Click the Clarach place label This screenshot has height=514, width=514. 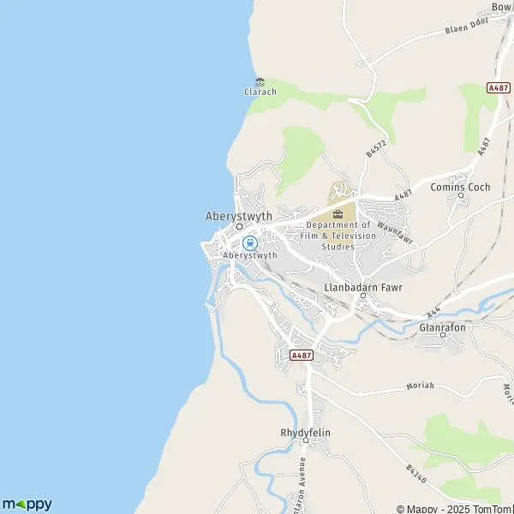coord(260,92)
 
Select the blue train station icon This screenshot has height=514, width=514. coord(249,242)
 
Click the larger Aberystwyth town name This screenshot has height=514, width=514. coord(239,217)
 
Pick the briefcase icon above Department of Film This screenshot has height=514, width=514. coord(338,213)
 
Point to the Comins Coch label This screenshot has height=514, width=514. coord(460,187)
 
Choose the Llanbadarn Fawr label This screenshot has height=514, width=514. coord(362,287)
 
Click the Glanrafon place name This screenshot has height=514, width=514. coord(442,326)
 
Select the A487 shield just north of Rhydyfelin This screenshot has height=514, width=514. coord(301,355)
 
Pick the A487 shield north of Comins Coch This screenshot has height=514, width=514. coord(499,87)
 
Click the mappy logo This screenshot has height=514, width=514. coord(27,504)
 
